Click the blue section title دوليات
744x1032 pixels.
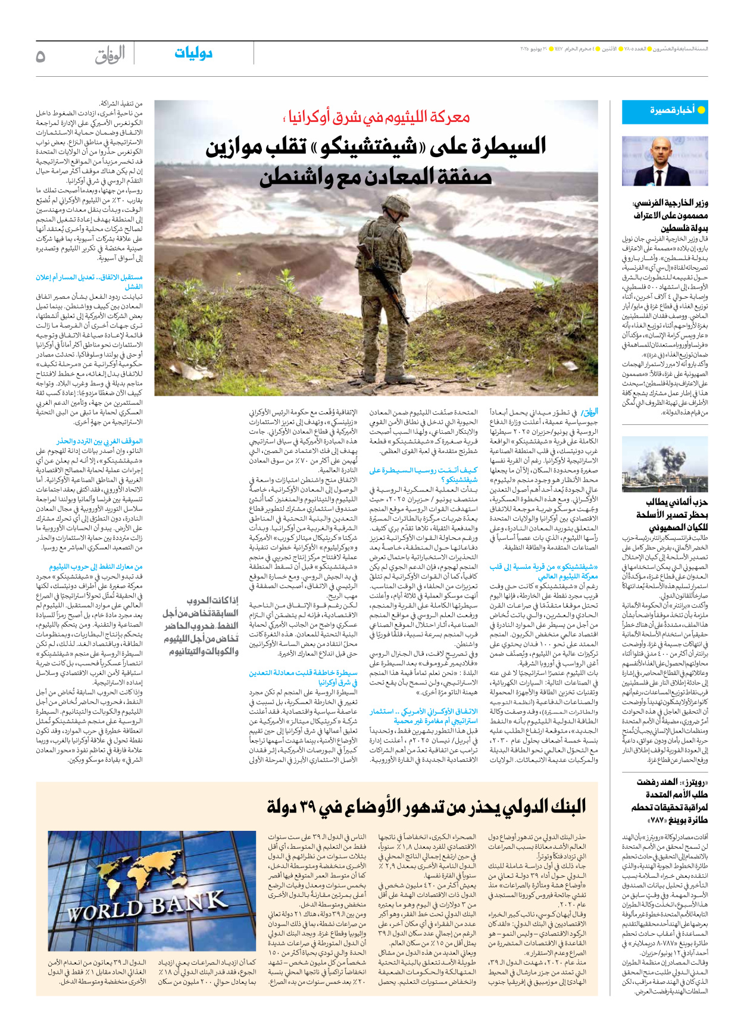tap(193, 54)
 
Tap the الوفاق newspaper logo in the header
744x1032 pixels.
tap(110, 55)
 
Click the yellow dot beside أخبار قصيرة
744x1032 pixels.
tap(701, 111)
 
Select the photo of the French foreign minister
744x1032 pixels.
tap(665, 161)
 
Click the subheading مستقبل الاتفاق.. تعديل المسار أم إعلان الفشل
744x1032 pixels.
tap(89, 282)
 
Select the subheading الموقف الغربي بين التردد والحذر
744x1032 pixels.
tap(99, 441)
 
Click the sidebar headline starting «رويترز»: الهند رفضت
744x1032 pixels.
tap(670, 801)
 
